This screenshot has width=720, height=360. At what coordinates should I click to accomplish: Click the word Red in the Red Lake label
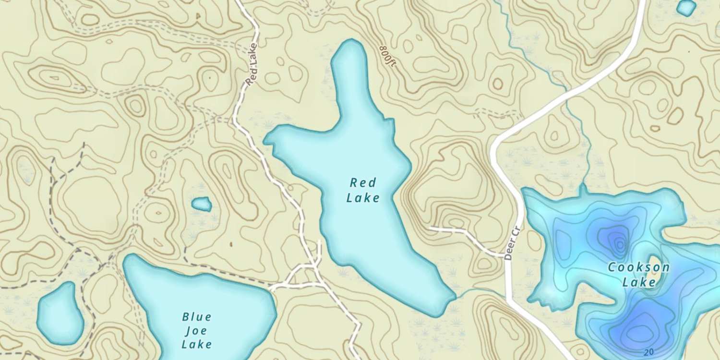click(363, 183)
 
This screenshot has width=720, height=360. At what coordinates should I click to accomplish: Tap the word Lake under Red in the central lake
click(363, 198)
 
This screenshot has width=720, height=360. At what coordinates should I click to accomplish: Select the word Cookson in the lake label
click(638, 267)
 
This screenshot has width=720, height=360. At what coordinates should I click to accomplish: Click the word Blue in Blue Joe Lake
click(197, 317)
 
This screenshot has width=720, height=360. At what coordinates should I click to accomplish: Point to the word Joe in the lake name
click(197, 330)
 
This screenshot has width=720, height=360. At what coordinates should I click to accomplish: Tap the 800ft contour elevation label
click(387, 57)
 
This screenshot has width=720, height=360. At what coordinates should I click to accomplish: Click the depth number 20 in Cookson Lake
click(649, 352)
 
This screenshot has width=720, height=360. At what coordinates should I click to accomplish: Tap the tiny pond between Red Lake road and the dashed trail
click(202, 204)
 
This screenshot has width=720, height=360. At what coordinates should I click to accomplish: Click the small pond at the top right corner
click(686, 7)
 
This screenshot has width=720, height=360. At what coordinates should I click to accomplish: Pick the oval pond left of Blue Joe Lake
click(60, 313)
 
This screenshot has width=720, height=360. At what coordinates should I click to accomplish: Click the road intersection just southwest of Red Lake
click(314, 265)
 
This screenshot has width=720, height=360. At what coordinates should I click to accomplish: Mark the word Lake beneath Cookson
click(638, 282)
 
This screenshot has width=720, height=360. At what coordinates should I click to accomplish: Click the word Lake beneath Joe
click(197, 344)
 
